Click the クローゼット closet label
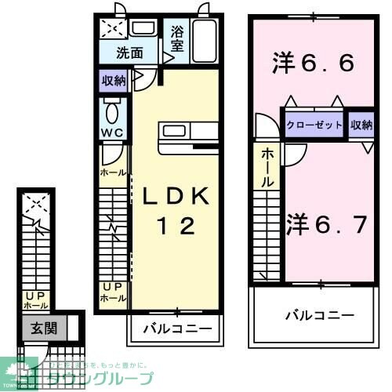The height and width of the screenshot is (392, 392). point(314,125)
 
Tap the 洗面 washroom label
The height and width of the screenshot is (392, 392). point(129,53)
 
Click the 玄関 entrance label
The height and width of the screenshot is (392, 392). point(44,328)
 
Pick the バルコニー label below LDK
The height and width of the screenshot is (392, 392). point(176,328)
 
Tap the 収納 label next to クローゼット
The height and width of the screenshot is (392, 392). point(361,125)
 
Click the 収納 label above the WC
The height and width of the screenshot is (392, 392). point(113,80)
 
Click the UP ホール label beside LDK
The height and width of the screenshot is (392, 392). point(113,293)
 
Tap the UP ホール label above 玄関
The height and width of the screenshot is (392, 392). point(36,300)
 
